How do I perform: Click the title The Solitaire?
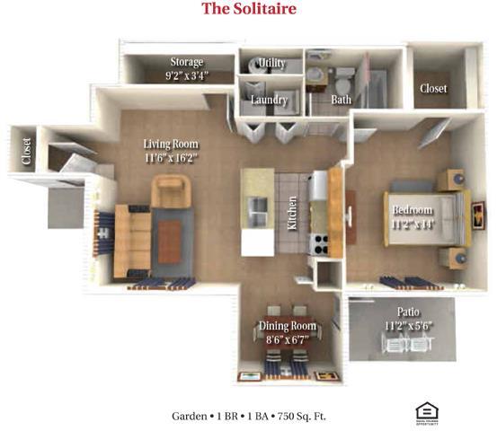point(248,10)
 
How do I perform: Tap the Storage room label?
point(187,62)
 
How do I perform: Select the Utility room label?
point(271,63)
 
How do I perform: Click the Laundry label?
point(270,100)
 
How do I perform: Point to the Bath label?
point(341,100)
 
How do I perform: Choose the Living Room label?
point(172,144)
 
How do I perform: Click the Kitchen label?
point(293,215)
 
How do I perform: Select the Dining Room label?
point(288,326)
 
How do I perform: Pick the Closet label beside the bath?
point(433,89)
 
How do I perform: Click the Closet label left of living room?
point(26,152)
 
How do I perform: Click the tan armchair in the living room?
point(172,189)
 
